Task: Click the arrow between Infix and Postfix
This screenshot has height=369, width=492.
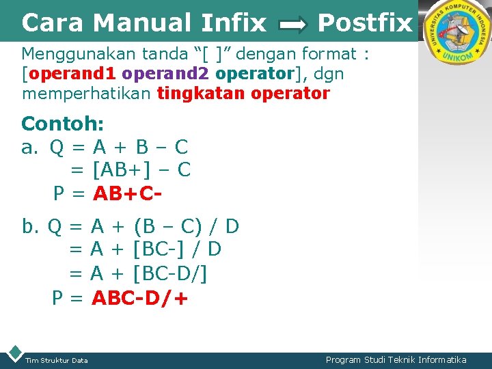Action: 294,26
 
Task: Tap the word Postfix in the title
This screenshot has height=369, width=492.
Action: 365,23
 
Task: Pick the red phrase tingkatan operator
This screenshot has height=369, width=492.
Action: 243,93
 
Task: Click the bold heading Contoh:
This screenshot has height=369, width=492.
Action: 63,124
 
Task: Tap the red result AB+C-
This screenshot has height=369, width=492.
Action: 128,194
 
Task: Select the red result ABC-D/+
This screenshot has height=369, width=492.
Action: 140,299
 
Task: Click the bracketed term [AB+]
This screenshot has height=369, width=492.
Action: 120,169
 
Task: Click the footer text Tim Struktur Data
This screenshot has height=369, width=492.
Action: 56,360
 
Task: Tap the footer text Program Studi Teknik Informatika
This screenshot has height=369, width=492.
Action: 396,359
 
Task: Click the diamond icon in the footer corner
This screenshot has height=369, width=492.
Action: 13,354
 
